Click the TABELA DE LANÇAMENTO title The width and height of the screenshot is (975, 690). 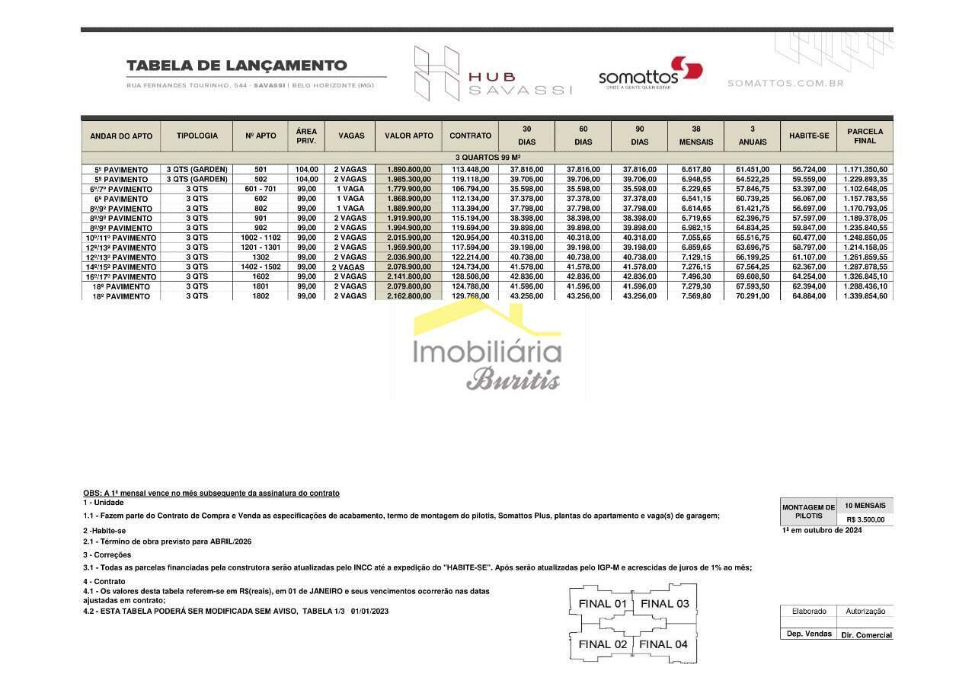point(236,66)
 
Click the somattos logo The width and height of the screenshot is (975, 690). point(649,74)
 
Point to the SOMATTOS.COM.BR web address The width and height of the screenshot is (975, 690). point(785,83)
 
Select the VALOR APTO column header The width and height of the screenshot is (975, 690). point(408,136)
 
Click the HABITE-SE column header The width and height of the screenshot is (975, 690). point(808,136)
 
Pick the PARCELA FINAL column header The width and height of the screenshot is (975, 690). point(865,136)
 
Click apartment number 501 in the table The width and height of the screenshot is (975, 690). point(261,169)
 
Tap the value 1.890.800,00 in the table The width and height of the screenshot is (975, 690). point(408,169)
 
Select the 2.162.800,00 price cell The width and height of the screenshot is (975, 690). point(408,296)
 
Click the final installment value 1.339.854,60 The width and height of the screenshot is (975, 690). point(865,296)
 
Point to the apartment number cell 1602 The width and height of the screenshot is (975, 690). point(261,276)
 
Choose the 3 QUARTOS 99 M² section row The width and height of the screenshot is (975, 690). point(487,157)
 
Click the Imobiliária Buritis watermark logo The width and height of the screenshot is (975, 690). point(487,350)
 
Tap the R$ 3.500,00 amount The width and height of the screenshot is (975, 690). point(865,519)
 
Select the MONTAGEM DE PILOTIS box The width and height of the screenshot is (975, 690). point(808,512)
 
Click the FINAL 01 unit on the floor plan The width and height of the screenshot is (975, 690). point(603,604)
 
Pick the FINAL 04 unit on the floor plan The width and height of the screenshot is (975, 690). point(663,644)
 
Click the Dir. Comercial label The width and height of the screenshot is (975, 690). point(866,634)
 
